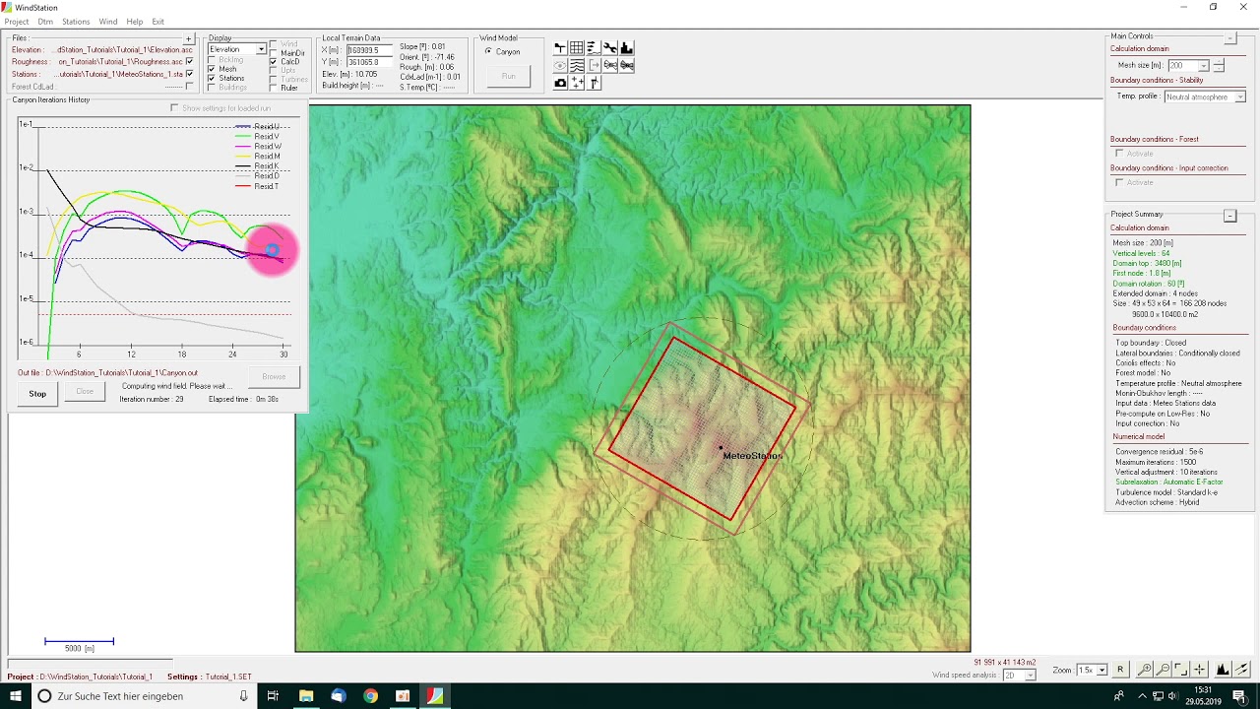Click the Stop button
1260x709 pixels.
tap(37, 394)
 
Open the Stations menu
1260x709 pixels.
tap(76, 22)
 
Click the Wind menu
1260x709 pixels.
tap(108, 22)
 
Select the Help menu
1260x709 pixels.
tap(135, 22)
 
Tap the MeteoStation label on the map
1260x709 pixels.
tap(752, 456)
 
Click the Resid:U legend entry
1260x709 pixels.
tap(267, 127)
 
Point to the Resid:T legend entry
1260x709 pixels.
tap(267, 186)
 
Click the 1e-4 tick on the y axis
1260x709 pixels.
tap(26, 255)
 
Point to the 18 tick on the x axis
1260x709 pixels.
tap(181, 354)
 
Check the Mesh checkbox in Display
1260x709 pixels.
tap(212, 69)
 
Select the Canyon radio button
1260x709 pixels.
tap(488, 51)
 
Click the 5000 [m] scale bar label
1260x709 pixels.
tap(79, 649)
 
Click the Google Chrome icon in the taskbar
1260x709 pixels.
tap(370, 696)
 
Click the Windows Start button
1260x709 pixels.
tap(16, 696)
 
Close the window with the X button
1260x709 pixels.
tap(1242, 7)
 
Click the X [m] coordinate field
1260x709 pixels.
tap(369, 50)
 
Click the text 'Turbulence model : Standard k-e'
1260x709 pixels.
tap(1165, 492)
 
